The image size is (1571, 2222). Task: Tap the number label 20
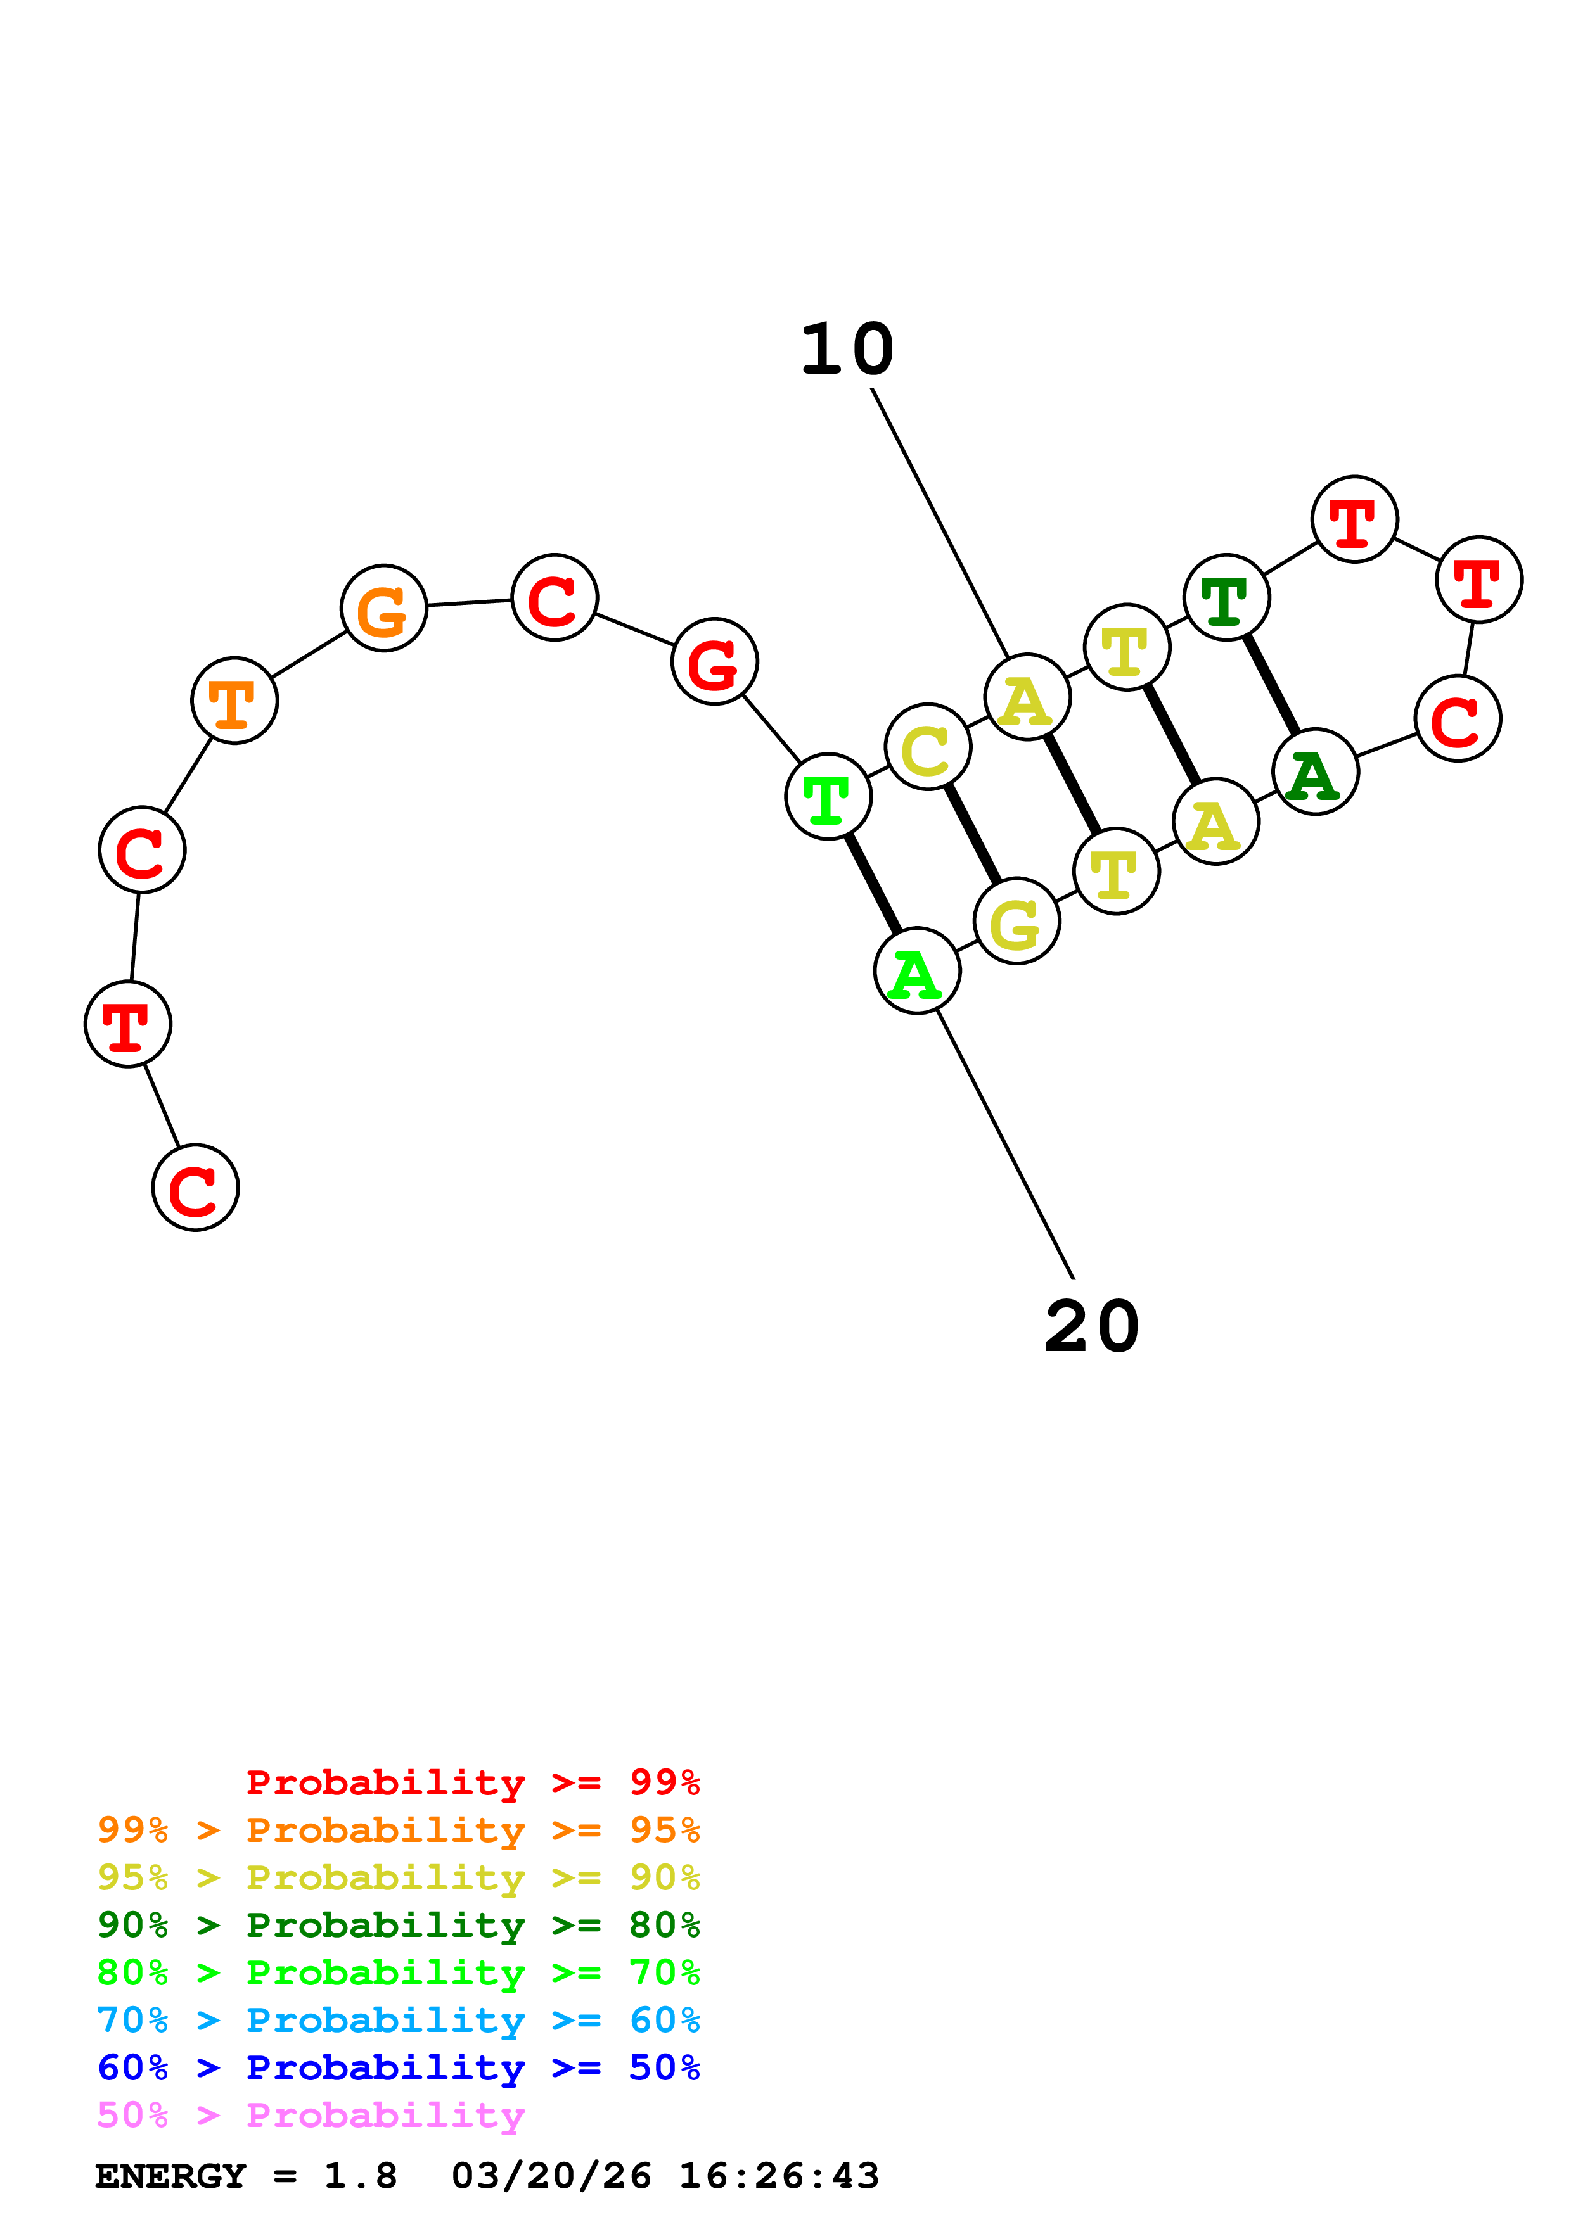[1092, 1328]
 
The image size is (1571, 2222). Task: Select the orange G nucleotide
[384, 609]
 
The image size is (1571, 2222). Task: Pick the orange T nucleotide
[234, 701]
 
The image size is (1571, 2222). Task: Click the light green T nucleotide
[828, 796]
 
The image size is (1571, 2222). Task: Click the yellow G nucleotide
[1016, 922]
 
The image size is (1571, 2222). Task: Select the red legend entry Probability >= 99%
[472, 1782]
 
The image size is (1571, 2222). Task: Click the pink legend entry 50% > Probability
[311, 2116]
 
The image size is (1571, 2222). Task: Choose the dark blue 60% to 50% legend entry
[398, 2068]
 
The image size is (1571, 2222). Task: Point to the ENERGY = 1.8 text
[246, 2176]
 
